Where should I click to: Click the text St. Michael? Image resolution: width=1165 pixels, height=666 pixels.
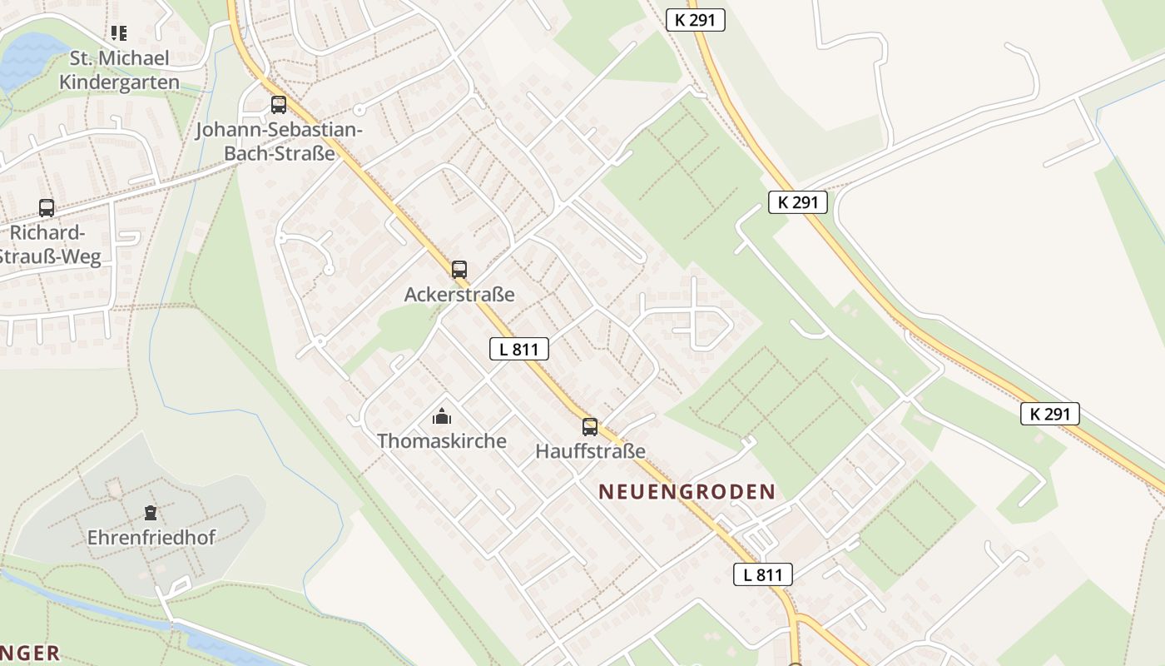pyautogui.click(x=120, y=58)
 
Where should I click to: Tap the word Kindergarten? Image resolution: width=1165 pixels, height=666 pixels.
pyautogui.click(x=120, y=82)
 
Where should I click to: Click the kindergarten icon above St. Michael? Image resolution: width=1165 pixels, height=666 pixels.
pyautogui.click(x=119, y=33)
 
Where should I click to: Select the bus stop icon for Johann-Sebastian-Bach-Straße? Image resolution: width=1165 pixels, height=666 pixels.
pyautogui.click(x=279, y=105)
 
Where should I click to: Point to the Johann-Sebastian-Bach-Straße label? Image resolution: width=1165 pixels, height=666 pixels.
pyautogui.click(x=279, y=142)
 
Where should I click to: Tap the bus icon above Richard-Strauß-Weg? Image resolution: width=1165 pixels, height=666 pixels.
pyautogui.click(x=47, y=208)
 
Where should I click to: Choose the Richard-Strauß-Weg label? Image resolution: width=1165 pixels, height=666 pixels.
pyautogui.click(x=48, y=245)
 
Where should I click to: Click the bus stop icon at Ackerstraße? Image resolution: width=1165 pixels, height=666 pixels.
pyautogui.click(x=459, y=270)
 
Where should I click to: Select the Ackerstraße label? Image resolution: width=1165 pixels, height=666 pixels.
pyautogui.click(x=459, y=295)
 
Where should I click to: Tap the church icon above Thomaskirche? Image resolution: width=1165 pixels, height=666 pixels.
pyautogui.click(x=441, y=416)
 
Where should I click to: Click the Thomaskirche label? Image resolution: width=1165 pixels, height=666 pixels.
pyautogui.click(x=442, y=441)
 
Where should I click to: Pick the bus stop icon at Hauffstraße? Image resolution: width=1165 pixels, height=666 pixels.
pyautogui.click(x=590, y=427)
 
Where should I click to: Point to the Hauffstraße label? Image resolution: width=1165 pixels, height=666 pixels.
pyautogui.click(x=591, y=452)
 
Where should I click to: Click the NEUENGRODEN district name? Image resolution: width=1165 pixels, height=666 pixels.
pyautogui.click(x=687, y=492)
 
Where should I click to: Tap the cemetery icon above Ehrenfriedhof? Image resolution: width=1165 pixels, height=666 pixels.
pyautogui.click(x=151, y=513)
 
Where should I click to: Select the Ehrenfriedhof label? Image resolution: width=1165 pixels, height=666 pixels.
pyautogui.click(x=151, y=538)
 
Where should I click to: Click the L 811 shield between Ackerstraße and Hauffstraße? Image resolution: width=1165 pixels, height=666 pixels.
pyautogui.click(x=518, y=350)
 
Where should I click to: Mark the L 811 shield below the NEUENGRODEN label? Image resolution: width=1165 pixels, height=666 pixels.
pyautogui.click(x=762, y=574)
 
